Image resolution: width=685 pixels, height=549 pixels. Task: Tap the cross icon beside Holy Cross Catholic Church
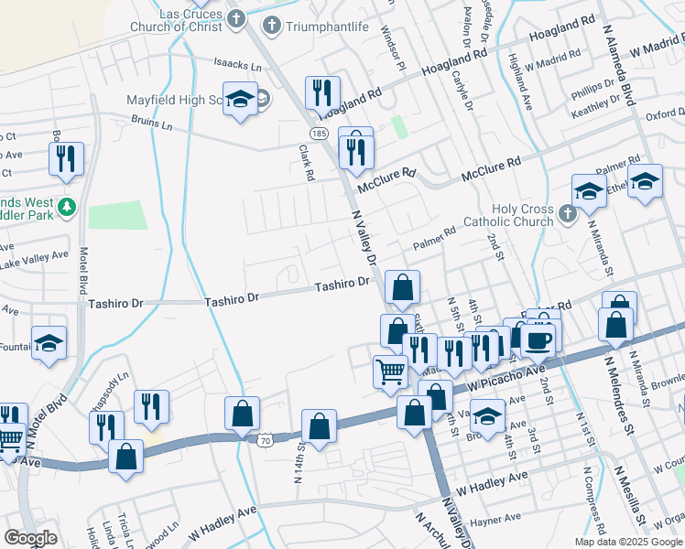567,214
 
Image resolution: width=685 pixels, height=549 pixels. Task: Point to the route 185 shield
319,134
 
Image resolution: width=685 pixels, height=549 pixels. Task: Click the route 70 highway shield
266,440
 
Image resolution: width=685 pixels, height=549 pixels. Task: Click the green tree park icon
65,210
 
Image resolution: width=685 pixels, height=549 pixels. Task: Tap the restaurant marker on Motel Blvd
66,158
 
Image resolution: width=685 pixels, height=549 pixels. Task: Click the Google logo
30,538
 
